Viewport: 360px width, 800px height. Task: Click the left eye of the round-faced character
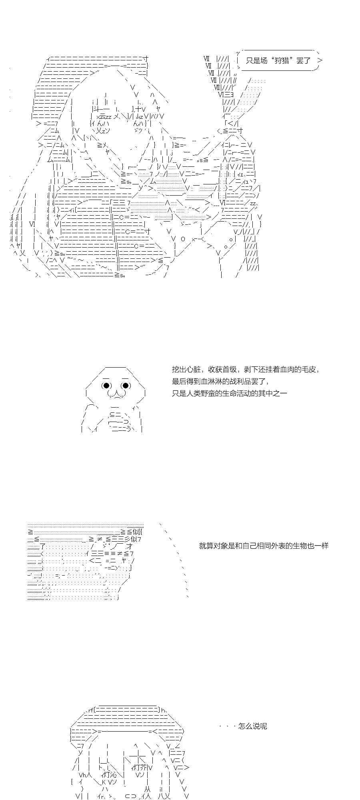(x=106, y=386)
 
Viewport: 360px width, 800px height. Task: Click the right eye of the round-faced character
(x=126, y=386)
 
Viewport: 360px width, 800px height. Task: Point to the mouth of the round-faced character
(x=116, y=394)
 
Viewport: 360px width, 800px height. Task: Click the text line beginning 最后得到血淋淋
(x=220, y=381)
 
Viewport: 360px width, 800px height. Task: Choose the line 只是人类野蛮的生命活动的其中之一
(x=229, y=393)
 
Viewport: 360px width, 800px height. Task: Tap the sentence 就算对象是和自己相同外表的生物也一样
(x=264, y=546)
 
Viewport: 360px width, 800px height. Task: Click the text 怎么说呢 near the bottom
(x=252, y=726)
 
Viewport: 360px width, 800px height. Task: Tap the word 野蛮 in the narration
(x=208, y=393)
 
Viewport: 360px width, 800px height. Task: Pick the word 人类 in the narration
(x=193, y=393)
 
